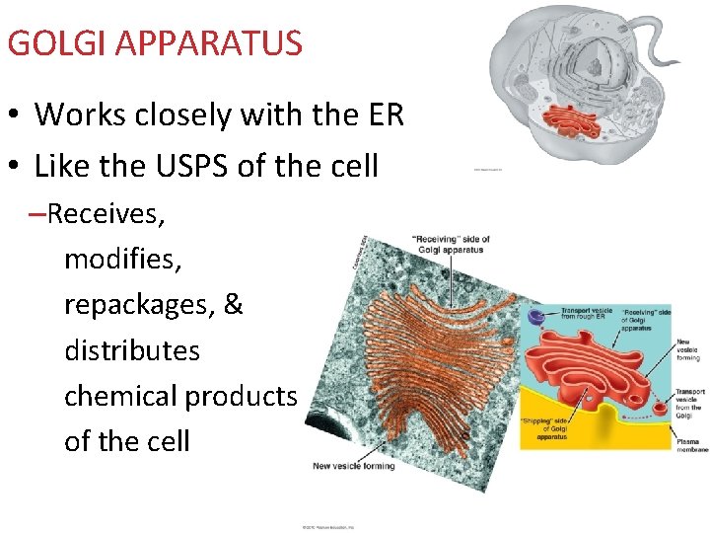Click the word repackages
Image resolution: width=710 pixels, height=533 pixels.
click(139, 305)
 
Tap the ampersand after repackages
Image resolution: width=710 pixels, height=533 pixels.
click(234, 304)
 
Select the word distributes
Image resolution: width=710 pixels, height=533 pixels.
click(131, 350)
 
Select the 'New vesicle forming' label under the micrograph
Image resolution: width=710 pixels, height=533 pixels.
click(353, 465)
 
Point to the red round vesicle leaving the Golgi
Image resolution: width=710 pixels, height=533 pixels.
click(660, 405)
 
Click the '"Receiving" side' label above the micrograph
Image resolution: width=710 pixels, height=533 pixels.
click(450, 244)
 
